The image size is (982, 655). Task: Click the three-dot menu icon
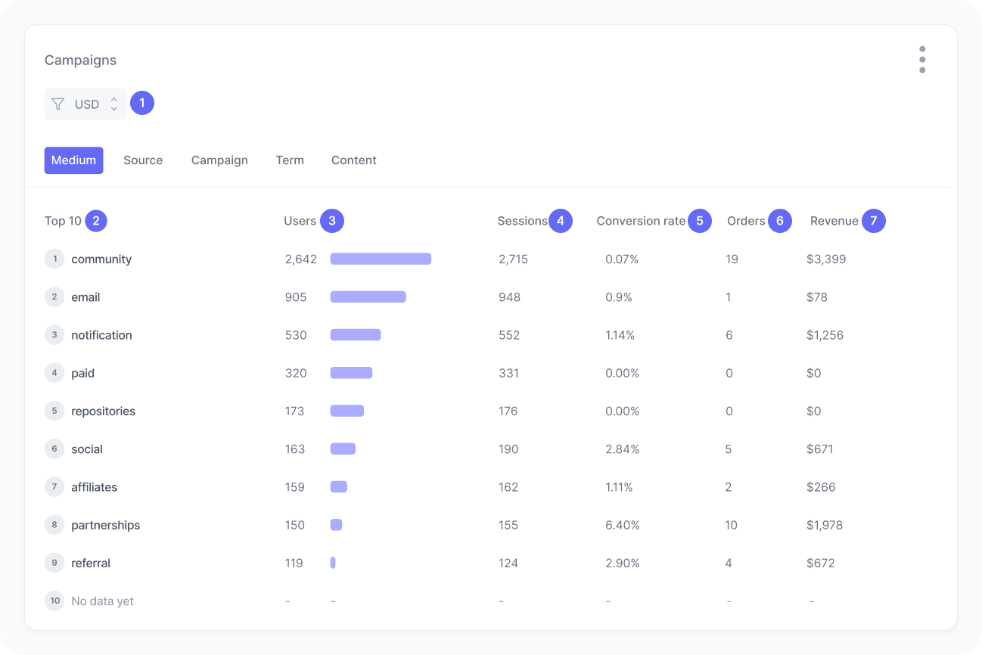coord(921,60)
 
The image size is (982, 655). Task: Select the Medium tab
coord(73,160)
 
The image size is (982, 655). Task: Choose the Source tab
coord(143,160)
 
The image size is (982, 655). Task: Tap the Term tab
coord(290,160)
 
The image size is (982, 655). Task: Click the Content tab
coord(353,160)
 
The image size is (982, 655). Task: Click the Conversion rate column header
coord(640,221)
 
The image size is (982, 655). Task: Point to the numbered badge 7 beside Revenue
coord(873,221)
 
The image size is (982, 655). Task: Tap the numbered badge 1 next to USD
coord(142,103)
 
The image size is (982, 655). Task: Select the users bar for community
coord(381,259)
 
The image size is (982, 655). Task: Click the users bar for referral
coord(333,563)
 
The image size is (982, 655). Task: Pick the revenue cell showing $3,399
coord(826,259)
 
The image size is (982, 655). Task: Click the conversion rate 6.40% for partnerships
coord(622,525)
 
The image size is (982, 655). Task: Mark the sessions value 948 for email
coord(509,297)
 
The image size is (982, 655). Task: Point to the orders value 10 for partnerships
coord(731,525)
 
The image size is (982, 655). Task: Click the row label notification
coord(101,335)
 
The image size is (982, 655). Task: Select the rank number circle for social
coord(54,449)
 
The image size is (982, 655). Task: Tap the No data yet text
coord(102,601)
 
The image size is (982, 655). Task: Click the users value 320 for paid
coord(296,373)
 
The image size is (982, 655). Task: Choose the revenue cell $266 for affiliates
coord(821,487)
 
